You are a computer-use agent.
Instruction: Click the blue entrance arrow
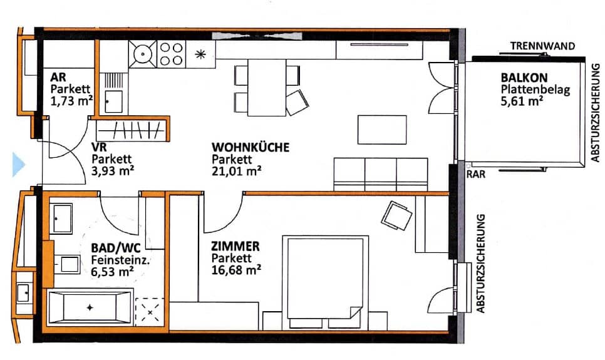(x=18, y=165)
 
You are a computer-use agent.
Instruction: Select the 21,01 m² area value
(x=236, y=170)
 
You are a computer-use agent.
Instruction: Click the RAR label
(x=475, y=176)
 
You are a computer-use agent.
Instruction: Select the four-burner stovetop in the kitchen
(x=170, y=54)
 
